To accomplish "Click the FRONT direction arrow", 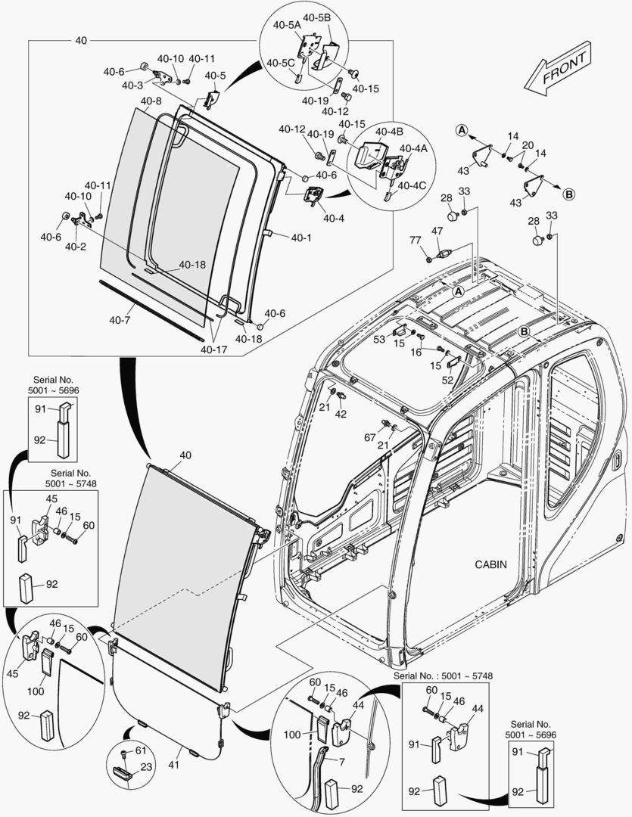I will click(558, 69).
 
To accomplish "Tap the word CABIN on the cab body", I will click(492, 564).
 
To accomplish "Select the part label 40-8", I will click(151, 101).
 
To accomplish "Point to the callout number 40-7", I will click(120, 321).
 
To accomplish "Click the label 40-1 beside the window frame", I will click(300, 238).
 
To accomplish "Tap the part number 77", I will click(415, 240).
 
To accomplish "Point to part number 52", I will click(447, 380).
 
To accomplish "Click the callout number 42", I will click(341, 415).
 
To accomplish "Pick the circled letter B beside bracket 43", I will click(568, 194).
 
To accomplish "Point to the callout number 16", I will click(416, 353).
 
